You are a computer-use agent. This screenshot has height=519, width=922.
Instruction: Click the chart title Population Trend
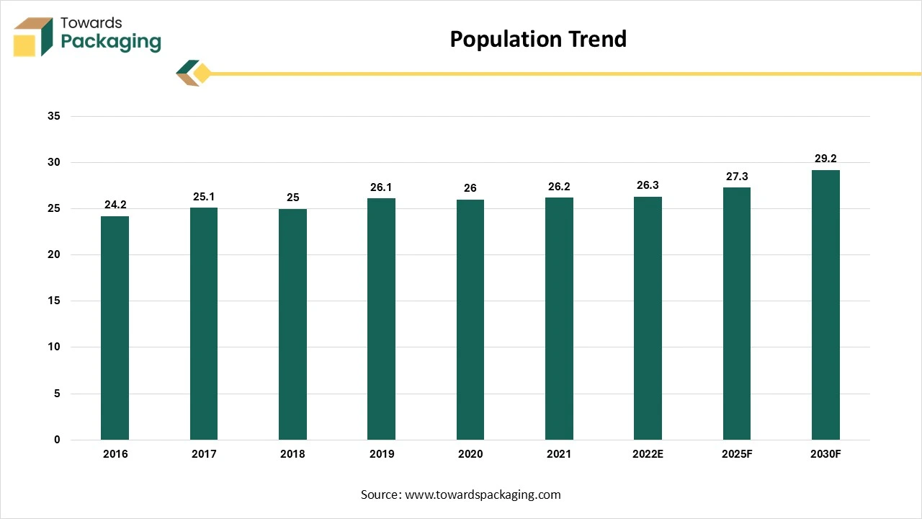click(538, 39)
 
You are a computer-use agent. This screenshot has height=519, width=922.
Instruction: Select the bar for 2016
click(115, 328)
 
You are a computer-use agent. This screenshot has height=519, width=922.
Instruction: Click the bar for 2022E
click(648, 318)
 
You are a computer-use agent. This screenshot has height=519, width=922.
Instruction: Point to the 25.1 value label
click(204, 196)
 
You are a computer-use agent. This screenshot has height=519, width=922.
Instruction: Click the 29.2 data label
click(825, 159)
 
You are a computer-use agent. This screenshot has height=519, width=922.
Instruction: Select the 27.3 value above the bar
click(736, 176)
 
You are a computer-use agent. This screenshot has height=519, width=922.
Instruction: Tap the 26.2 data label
click(559, 187)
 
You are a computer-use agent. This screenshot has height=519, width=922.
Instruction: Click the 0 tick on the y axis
click(58, 440)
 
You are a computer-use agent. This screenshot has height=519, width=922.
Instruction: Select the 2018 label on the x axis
click(292, 454)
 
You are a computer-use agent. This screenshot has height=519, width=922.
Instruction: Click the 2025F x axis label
click(736, 454)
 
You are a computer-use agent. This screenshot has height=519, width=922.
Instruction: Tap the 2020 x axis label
click(470, 454)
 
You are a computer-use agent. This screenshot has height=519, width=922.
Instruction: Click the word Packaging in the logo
click(111, 42)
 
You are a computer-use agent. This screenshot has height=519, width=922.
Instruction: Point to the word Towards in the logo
click(91, 22)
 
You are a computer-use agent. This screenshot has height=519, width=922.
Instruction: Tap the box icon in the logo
click(33, 37)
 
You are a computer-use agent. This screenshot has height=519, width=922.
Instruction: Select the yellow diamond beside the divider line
click(202, 74)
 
